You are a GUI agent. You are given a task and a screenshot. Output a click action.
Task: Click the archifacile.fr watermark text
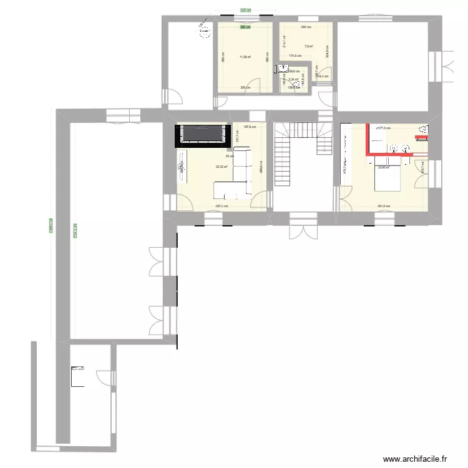416,459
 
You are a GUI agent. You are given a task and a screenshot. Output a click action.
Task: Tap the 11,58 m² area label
245,57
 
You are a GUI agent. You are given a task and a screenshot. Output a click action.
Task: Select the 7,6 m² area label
308,46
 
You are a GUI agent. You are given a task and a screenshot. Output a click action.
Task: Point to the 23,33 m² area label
222,167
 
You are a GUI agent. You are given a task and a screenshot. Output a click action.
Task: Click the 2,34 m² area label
292,79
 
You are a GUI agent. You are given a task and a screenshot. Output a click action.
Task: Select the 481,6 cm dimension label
383,206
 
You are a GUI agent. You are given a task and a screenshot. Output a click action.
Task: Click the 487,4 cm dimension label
222,206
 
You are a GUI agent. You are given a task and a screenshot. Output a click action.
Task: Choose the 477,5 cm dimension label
383,128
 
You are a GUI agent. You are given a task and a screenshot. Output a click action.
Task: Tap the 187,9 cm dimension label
249,127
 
